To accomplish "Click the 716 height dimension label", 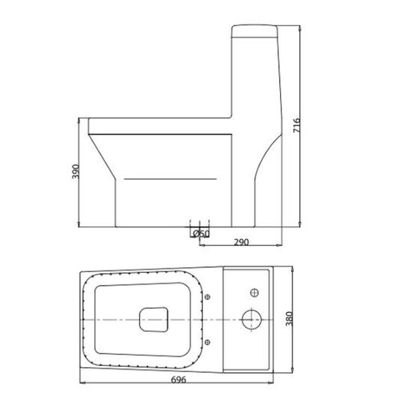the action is click(x=296, y=125).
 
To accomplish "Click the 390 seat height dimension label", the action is click(x=76, y=172).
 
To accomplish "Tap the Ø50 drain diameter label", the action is click(x=201, y=233).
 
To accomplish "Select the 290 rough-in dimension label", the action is click(x=241, y=242).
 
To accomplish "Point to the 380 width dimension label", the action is click(x=289, y=319).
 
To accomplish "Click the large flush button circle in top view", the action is click(x=251, y=320).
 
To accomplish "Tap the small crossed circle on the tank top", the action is click(x=254, y=293).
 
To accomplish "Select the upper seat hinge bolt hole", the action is click(x=207, y=297).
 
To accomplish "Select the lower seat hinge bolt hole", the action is click(x=207, y=342).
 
